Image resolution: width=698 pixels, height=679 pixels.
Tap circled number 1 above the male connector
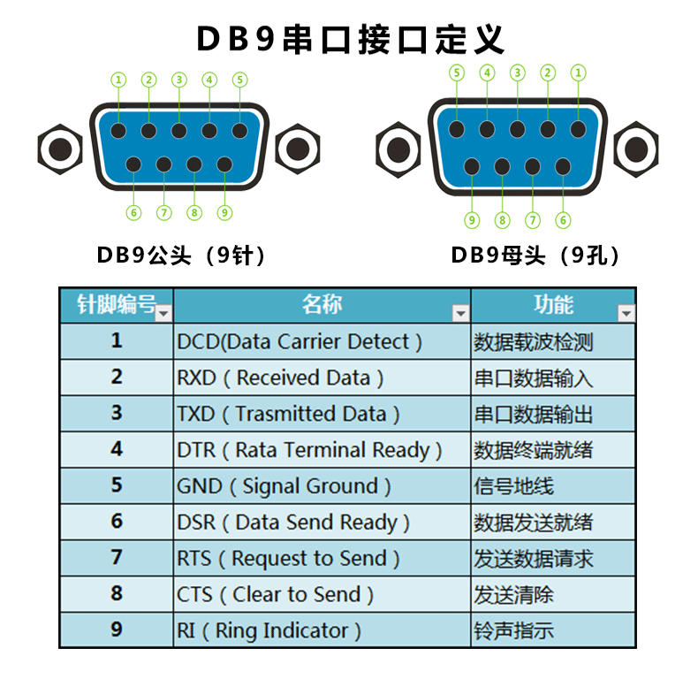pyautogui.click(x=119, y=80)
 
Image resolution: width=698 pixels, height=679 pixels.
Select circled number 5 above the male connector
pyautogui.click(x=239, y=80)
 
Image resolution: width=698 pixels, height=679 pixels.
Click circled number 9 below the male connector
pyautogui.click(x=224, y=212)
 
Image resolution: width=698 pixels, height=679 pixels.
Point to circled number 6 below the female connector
pyautogui.click(x=563, y=220)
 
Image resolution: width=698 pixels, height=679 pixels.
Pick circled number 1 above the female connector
pyautogui.click(x=578, y=72)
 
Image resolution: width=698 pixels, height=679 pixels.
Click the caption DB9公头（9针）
pyautogui.click(x=181, y=256)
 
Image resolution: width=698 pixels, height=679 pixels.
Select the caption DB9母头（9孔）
pyautogui.click(x=535, y=256)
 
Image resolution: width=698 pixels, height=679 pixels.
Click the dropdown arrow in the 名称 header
pyautogui.click(x=460, y=313)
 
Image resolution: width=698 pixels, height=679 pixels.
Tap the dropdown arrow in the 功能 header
pyautogui.click(x=626, y=313)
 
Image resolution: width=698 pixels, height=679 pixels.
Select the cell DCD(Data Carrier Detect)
pyautogui.click(x=300, y=341)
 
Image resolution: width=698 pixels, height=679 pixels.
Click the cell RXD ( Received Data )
pyautogui.click(x=280, y=378)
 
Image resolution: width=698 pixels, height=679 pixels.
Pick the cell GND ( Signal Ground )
pyautogui.click(x=284, y=486)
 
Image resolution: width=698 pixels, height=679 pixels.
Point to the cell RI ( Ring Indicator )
pyautogui.click(x=269, y=630)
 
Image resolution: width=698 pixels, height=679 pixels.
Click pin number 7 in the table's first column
pyautogui.click(x=117, y=558)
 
